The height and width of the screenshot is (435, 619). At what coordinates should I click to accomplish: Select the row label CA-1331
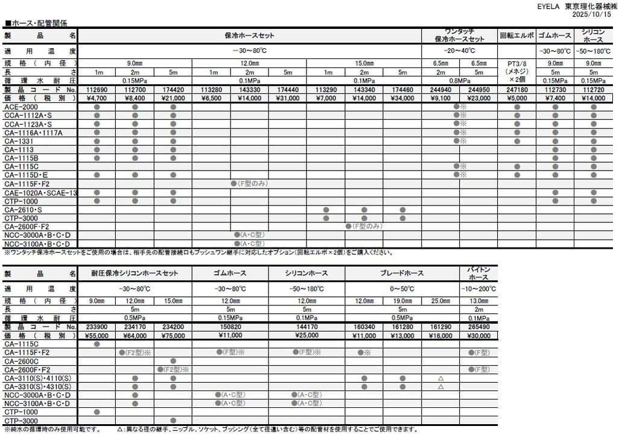click(17, 141)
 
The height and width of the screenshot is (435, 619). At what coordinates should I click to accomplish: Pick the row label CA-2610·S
click(24, 210)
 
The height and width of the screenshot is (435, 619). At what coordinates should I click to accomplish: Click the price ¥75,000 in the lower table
click(173, 336)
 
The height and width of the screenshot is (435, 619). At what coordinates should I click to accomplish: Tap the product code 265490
click(478, 327)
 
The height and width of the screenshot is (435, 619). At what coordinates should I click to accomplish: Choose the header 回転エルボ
click(516, 36)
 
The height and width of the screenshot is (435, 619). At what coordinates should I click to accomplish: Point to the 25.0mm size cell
click(440, 301)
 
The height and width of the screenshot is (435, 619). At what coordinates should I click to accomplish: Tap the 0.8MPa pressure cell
click(459, 81)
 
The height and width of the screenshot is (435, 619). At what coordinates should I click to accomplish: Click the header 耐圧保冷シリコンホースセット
click(135, 274)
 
